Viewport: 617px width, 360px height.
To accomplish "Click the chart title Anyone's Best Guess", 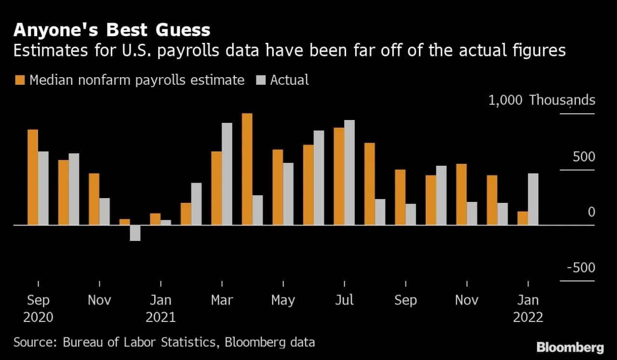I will click(112, 30).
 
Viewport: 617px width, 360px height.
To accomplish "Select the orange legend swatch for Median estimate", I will click(20, 80).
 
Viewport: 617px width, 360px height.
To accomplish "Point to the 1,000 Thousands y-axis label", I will click(541, 100).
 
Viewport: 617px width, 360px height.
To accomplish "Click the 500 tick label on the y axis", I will click(584, 157).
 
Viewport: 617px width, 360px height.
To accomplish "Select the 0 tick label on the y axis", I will click(591, 213).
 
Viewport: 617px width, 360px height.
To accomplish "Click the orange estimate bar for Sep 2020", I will click(33, 177).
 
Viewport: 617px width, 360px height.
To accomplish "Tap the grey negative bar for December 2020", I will click(135, 233).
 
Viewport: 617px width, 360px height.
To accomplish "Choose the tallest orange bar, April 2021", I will click(247, 169).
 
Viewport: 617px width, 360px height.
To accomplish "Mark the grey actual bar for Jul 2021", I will click(349, 173).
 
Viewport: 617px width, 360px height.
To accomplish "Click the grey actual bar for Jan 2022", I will click(533, 199).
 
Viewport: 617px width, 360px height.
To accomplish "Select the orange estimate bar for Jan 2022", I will click(523, 218).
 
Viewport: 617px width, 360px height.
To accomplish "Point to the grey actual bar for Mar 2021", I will click(227, 174).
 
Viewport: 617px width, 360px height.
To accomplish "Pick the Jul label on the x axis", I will click(344, 300).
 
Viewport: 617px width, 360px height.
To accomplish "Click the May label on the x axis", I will click(283, 300).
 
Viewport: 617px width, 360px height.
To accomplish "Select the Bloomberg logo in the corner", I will click(570, 347).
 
